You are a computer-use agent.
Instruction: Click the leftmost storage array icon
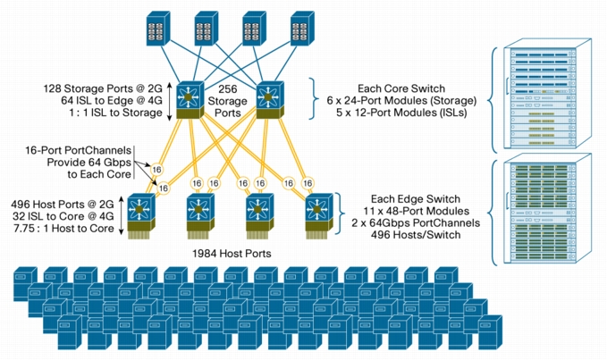pos(158,29)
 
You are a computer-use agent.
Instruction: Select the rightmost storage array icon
pos(302,29)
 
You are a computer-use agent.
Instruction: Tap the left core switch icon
pos(190,100)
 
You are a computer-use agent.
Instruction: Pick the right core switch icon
pos(270,100)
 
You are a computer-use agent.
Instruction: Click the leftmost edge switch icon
pos(141,216)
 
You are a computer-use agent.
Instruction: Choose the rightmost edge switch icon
pos(319,216)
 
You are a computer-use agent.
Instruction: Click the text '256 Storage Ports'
pos(227,101)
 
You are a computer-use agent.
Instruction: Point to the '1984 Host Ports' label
pos(232,254)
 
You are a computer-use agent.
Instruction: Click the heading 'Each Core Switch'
pos(401,88)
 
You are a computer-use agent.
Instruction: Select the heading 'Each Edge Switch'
pos(416,199)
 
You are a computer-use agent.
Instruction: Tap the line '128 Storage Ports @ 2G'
pos(103,88)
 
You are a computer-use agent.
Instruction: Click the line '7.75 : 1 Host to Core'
pos(63,228)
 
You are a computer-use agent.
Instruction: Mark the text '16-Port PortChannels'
pos(78,150)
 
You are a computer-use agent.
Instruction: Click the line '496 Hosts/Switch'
pos(416,235)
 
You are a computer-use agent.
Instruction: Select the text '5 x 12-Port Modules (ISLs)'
pos(401,113)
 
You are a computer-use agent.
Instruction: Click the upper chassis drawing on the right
pos(547,93)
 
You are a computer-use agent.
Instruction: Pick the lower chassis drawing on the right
pos(547,209)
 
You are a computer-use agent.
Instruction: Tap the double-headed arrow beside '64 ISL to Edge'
pos(169,101)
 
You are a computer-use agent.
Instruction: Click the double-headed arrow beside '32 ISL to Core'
pos(121,215)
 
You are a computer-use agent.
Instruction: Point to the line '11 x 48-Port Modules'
pos(417,211)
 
